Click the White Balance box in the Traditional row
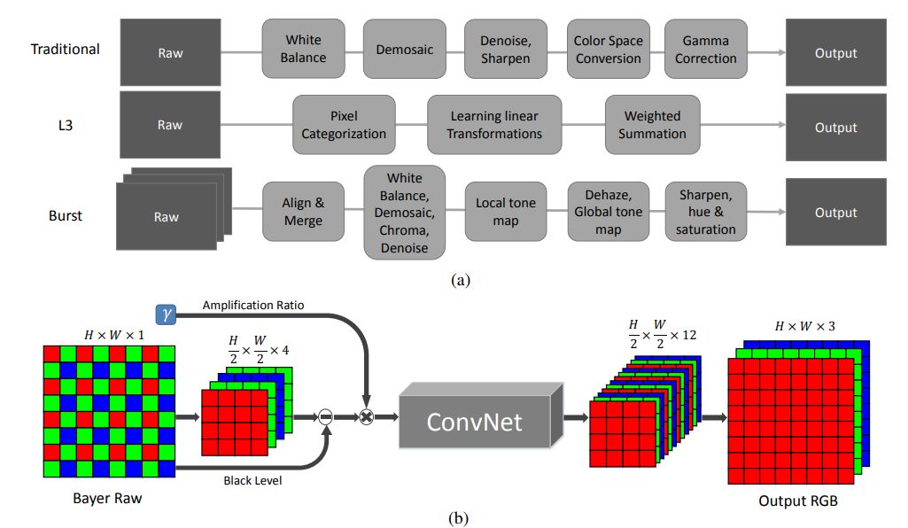click(x=303, y=49)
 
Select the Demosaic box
click(x=404, y=49)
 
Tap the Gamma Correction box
click(x=705, y=49)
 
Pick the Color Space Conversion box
click(x=608, y=49)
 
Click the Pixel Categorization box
click(x=344, y=125)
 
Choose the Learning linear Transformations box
click(x=494, y=125)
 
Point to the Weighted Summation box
click(x=652, y=125)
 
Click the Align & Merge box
click(x=303, y=212)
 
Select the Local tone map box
click(x=506, y=212)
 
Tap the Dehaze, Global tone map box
click(x=608, y=212)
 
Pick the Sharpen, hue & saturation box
click(x=705, y=212)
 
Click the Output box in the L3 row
click(x=835, y=127)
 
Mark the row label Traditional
click(x=65, y=50)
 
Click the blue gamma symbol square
click(x=167, y=314)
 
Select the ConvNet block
click(x=481, y=415)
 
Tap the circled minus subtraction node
click(x=325, y=416)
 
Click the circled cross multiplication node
click(x=366, y=416)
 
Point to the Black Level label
click(x=252, y=480)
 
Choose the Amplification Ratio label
click(x=253, y=305)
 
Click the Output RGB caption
click(x=798, y=501)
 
